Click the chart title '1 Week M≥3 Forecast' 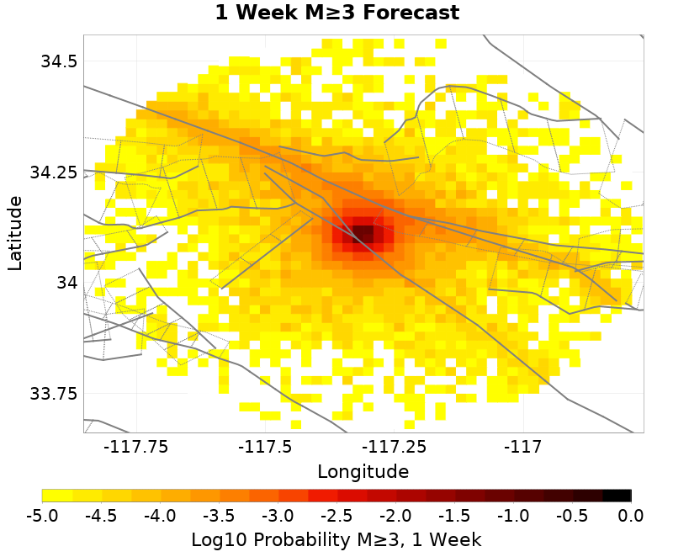point(336,13)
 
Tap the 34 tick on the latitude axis point(66,283)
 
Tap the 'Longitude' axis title point(363,471)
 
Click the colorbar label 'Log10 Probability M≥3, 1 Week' point(336,538)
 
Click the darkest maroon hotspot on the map point(363,233)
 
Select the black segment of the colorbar point(617,496)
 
